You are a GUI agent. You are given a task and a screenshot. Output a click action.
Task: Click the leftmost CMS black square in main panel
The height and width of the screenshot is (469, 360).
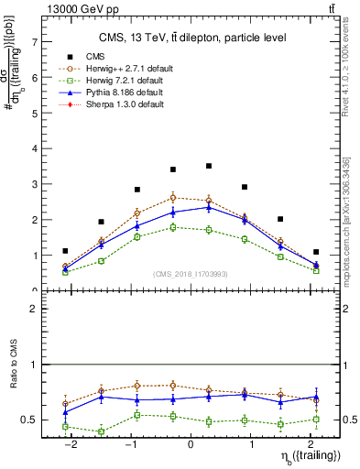65,250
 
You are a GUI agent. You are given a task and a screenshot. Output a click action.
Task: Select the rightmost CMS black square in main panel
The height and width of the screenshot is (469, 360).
316,252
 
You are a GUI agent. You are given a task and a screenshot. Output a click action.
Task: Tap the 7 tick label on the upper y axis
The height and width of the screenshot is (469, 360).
34,42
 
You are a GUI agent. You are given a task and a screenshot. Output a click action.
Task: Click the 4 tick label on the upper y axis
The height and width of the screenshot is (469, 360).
34,148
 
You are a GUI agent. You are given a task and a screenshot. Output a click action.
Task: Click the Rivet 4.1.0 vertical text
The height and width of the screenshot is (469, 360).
354,69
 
